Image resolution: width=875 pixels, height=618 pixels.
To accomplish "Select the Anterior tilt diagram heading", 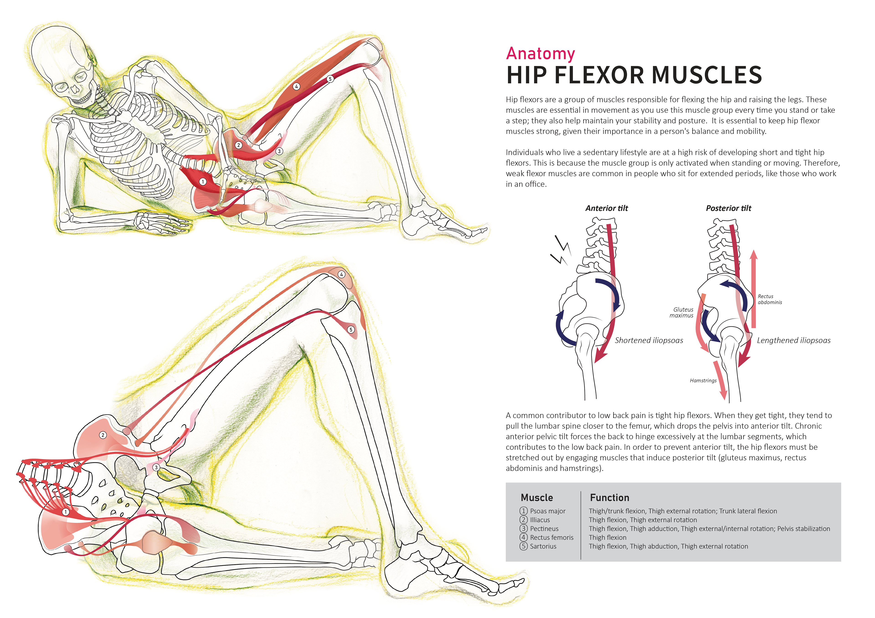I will click(x=606, y=208).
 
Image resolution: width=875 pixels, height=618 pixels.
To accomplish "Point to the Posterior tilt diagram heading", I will click(x=728, y=208).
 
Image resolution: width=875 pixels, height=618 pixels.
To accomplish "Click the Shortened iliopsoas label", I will click(x=649, y=341).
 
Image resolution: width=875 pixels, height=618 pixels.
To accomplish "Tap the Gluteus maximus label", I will click(x=682, y=313).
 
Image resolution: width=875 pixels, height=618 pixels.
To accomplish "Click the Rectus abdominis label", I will click(x=769, y=299).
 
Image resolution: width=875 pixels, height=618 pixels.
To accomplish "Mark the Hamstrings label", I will click(x=703, y=380).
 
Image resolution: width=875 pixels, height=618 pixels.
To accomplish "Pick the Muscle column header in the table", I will click(x=537, y=498).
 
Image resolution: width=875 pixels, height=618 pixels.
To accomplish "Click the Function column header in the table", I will click(x=609, y=498).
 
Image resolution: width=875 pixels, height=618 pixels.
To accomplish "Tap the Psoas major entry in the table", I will click(x=548, y=511).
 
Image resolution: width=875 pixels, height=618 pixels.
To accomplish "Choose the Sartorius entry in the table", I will click(x=543, y=547).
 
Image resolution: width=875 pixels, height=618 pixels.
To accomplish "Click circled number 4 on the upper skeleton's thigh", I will click(x=296, y=86).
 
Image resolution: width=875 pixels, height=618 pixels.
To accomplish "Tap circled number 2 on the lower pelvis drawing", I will click(x=103, y=435).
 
